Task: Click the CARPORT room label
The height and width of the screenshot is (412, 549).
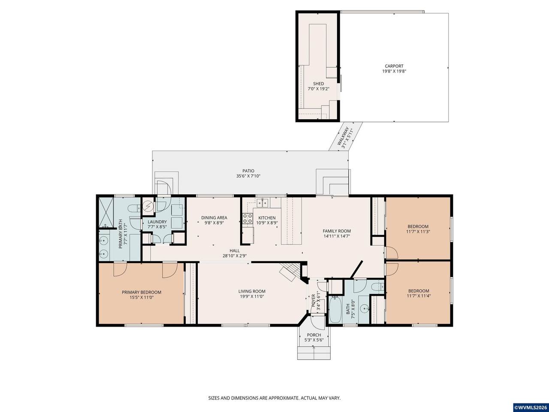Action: [394, 66]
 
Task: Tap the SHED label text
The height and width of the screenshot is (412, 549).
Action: [318, 84]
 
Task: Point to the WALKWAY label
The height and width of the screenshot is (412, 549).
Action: [343, 136]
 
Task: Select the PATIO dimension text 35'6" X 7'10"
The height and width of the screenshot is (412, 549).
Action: [248, 176]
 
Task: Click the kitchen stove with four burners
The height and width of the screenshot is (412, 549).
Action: [247, 218]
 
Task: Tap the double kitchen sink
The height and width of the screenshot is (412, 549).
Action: [262, 203]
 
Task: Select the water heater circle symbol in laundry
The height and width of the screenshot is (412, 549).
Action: [148, 206]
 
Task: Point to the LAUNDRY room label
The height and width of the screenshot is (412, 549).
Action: [157, 221]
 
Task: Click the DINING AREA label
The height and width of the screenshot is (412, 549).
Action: [214, 218]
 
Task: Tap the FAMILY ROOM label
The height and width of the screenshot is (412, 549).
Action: [337, 231]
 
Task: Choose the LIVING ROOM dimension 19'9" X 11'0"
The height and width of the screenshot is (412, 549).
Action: [252, 297]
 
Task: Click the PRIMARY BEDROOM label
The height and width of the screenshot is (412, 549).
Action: [142, 292]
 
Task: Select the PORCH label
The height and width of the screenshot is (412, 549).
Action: [314, 335]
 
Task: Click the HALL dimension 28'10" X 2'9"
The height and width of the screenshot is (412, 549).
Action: [235, 256]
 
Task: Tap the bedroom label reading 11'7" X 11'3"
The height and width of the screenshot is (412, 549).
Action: [418, 231]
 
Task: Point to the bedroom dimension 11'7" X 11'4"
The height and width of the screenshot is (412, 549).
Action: [419, 296]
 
